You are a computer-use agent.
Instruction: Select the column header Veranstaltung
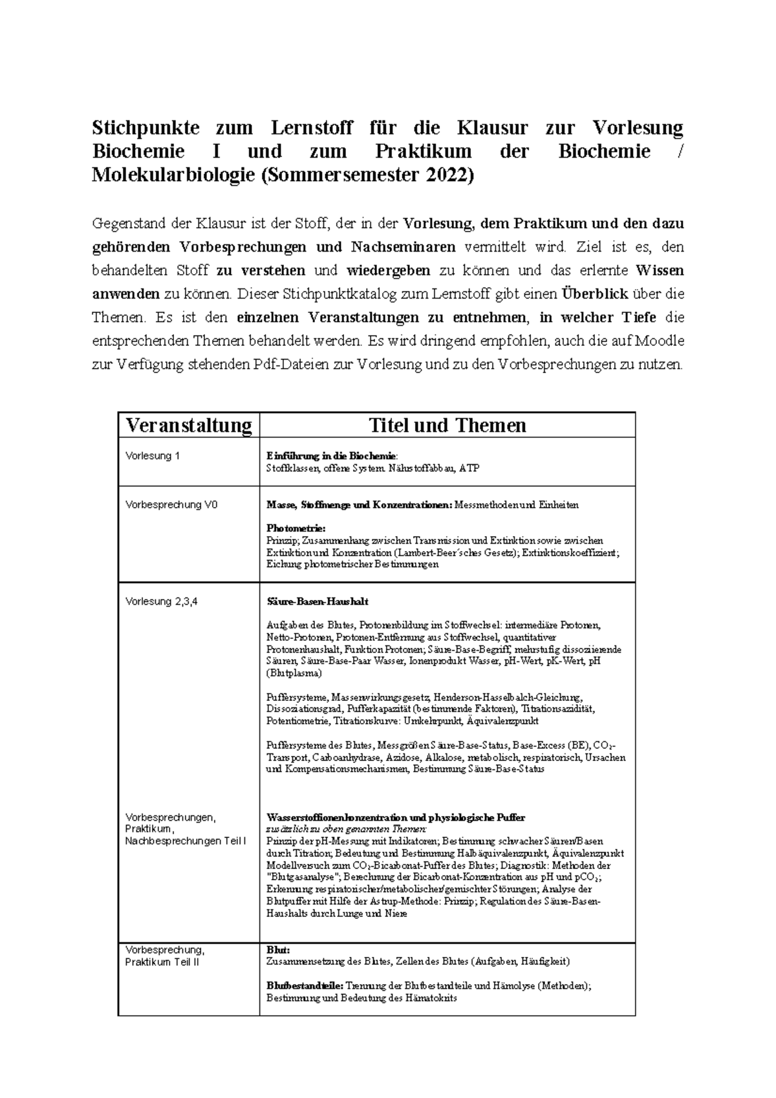(188, 425)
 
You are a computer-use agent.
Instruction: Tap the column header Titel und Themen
(447, 425)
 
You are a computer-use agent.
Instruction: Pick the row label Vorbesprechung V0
(171, 504)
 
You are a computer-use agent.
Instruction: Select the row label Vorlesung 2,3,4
(161, 601)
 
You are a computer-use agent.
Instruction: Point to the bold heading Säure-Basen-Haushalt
(318, 601)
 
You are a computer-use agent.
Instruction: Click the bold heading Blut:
(278, 950)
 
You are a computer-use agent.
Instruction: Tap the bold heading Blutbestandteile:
(305, 986)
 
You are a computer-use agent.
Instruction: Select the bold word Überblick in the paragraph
(595, 294)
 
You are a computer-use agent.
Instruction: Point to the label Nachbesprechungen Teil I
(186, 841)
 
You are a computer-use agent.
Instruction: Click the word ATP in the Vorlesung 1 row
(469, 468)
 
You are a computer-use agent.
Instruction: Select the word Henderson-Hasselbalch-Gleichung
(508, 697)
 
